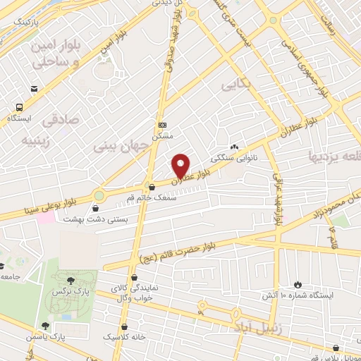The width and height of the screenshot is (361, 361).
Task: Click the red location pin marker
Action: pyautogui.click(x=181, y=165)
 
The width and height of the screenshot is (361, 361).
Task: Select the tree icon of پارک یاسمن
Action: pyautogui.click(x=45, y=326)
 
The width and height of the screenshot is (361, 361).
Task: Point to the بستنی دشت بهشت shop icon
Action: pyautogui.click(x=95, y=207)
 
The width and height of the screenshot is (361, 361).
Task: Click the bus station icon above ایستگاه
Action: pyautogui.click(x=19, y=108)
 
